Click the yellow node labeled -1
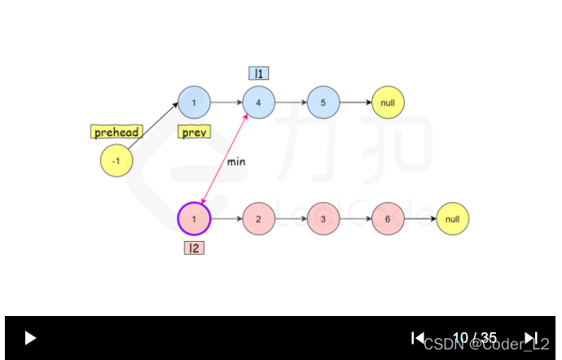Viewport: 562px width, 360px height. click(116, 161)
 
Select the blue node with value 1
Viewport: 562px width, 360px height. click(194, 103)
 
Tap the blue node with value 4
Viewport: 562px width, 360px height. click(258, 103)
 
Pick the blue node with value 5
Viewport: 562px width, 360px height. click(323, 103)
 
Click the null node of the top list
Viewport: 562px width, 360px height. click(388, 103)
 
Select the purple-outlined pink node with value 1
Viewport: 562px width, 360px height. click(194, 219)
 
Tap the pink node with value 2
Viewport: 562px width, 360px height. click(258, 219)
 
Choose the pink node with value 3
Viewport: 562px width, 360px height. click(323, 219)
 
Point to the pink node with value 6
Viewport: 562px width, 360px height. click(388, 219)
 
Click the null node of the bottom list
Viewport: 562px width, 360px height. click(453, 219)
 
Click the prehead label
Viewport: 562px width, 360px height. click(116, 132)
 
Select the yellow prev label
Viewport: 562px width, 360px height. click(194, 132)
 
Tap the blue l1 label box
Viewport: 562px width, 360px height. click(258, 73)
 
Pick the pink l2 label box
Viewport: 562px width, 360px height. click(194, 248)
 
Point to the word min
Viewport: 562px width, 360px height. click(236, 162)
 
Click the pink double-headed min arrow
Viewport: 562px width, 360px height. click(224, 163)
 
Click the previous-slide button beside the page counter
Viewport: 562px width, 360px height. click(417, 337)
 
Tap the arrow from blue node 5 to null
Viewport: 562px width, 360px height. click(355, 103)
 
